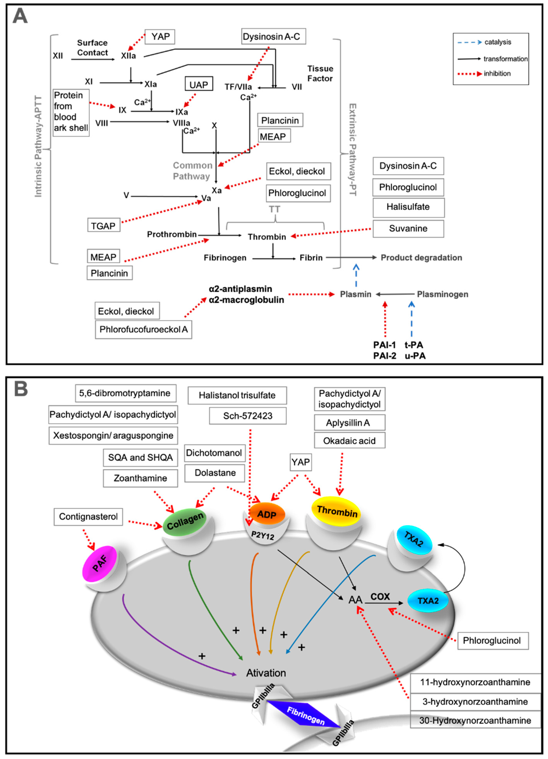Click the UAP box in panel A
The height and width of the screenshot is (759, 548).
tap(199, 85)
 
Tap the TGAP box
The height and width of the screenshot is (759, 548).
tap(103, 226)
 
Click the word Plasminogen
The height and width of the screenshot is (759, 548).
tap(442, 294)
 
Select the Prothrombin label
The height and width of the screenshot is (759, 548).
tap(172, 234)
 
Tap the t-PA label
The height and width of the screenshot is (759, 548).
tap(414, 345)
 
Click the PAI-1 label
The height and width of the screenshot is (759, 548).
tap(384, 345)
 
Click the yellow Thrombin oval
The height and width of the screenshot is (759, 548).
tap(337, 511)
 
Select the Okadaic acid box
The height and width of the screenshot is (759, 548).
tap(349, 441)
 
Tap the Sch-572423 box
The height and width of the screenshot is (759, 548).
tap(248, 416)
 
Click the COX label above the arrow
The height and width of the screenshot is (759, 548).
tap(380, 596)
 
